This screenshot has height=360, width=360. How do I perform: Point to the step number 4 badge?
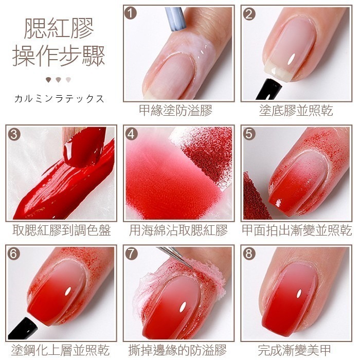(132, 134)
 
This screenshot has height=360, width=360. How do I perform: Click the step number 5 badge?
(250, 134)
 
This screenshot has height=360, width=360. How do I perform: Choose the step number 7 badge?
(132, 254)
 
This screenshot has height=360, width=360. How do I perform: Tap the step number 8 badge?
(250, 254)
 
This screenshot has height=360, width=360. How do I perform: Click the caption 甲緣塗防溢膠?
(175, 111)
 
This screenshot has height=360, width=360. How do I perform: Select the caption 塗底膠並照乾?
(296, 111)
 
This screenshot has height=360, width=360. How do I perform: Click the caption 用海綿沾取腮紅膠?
(178, 230)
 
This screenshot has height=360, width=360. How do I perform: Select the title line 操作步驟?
(59, 55)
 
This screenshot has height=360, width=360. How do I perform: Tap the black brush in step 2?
(268, 89)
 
